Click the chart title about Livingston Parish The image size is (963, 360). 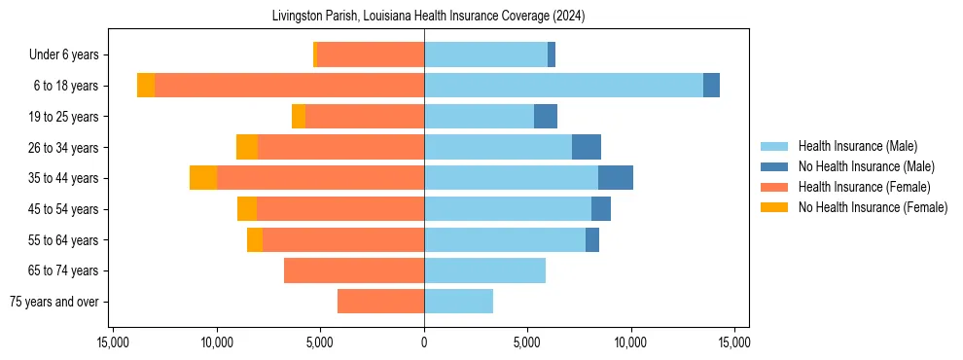424,17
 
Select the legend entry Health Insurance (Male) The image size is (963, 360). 857,146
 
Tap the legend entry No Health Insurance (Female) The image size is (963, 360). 873,207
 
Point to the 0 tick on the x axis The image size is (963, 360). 424,342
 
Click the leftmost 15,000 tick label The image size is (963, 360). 113,342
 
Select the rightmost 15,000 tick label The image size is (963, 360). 733,342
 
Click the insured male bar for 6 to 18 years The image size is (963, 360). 563,86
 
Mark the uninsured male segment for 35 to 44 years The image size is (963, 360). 616,178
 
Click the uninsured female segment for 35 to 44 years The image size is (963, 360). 203,178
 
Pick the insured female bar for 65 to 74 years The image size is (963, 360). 354,270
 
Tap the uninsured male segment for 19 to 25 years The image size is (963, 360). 546,117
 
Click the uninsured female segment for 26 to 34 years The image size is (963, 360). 247,147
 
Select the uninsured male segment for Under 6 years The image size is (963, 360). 552,55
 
